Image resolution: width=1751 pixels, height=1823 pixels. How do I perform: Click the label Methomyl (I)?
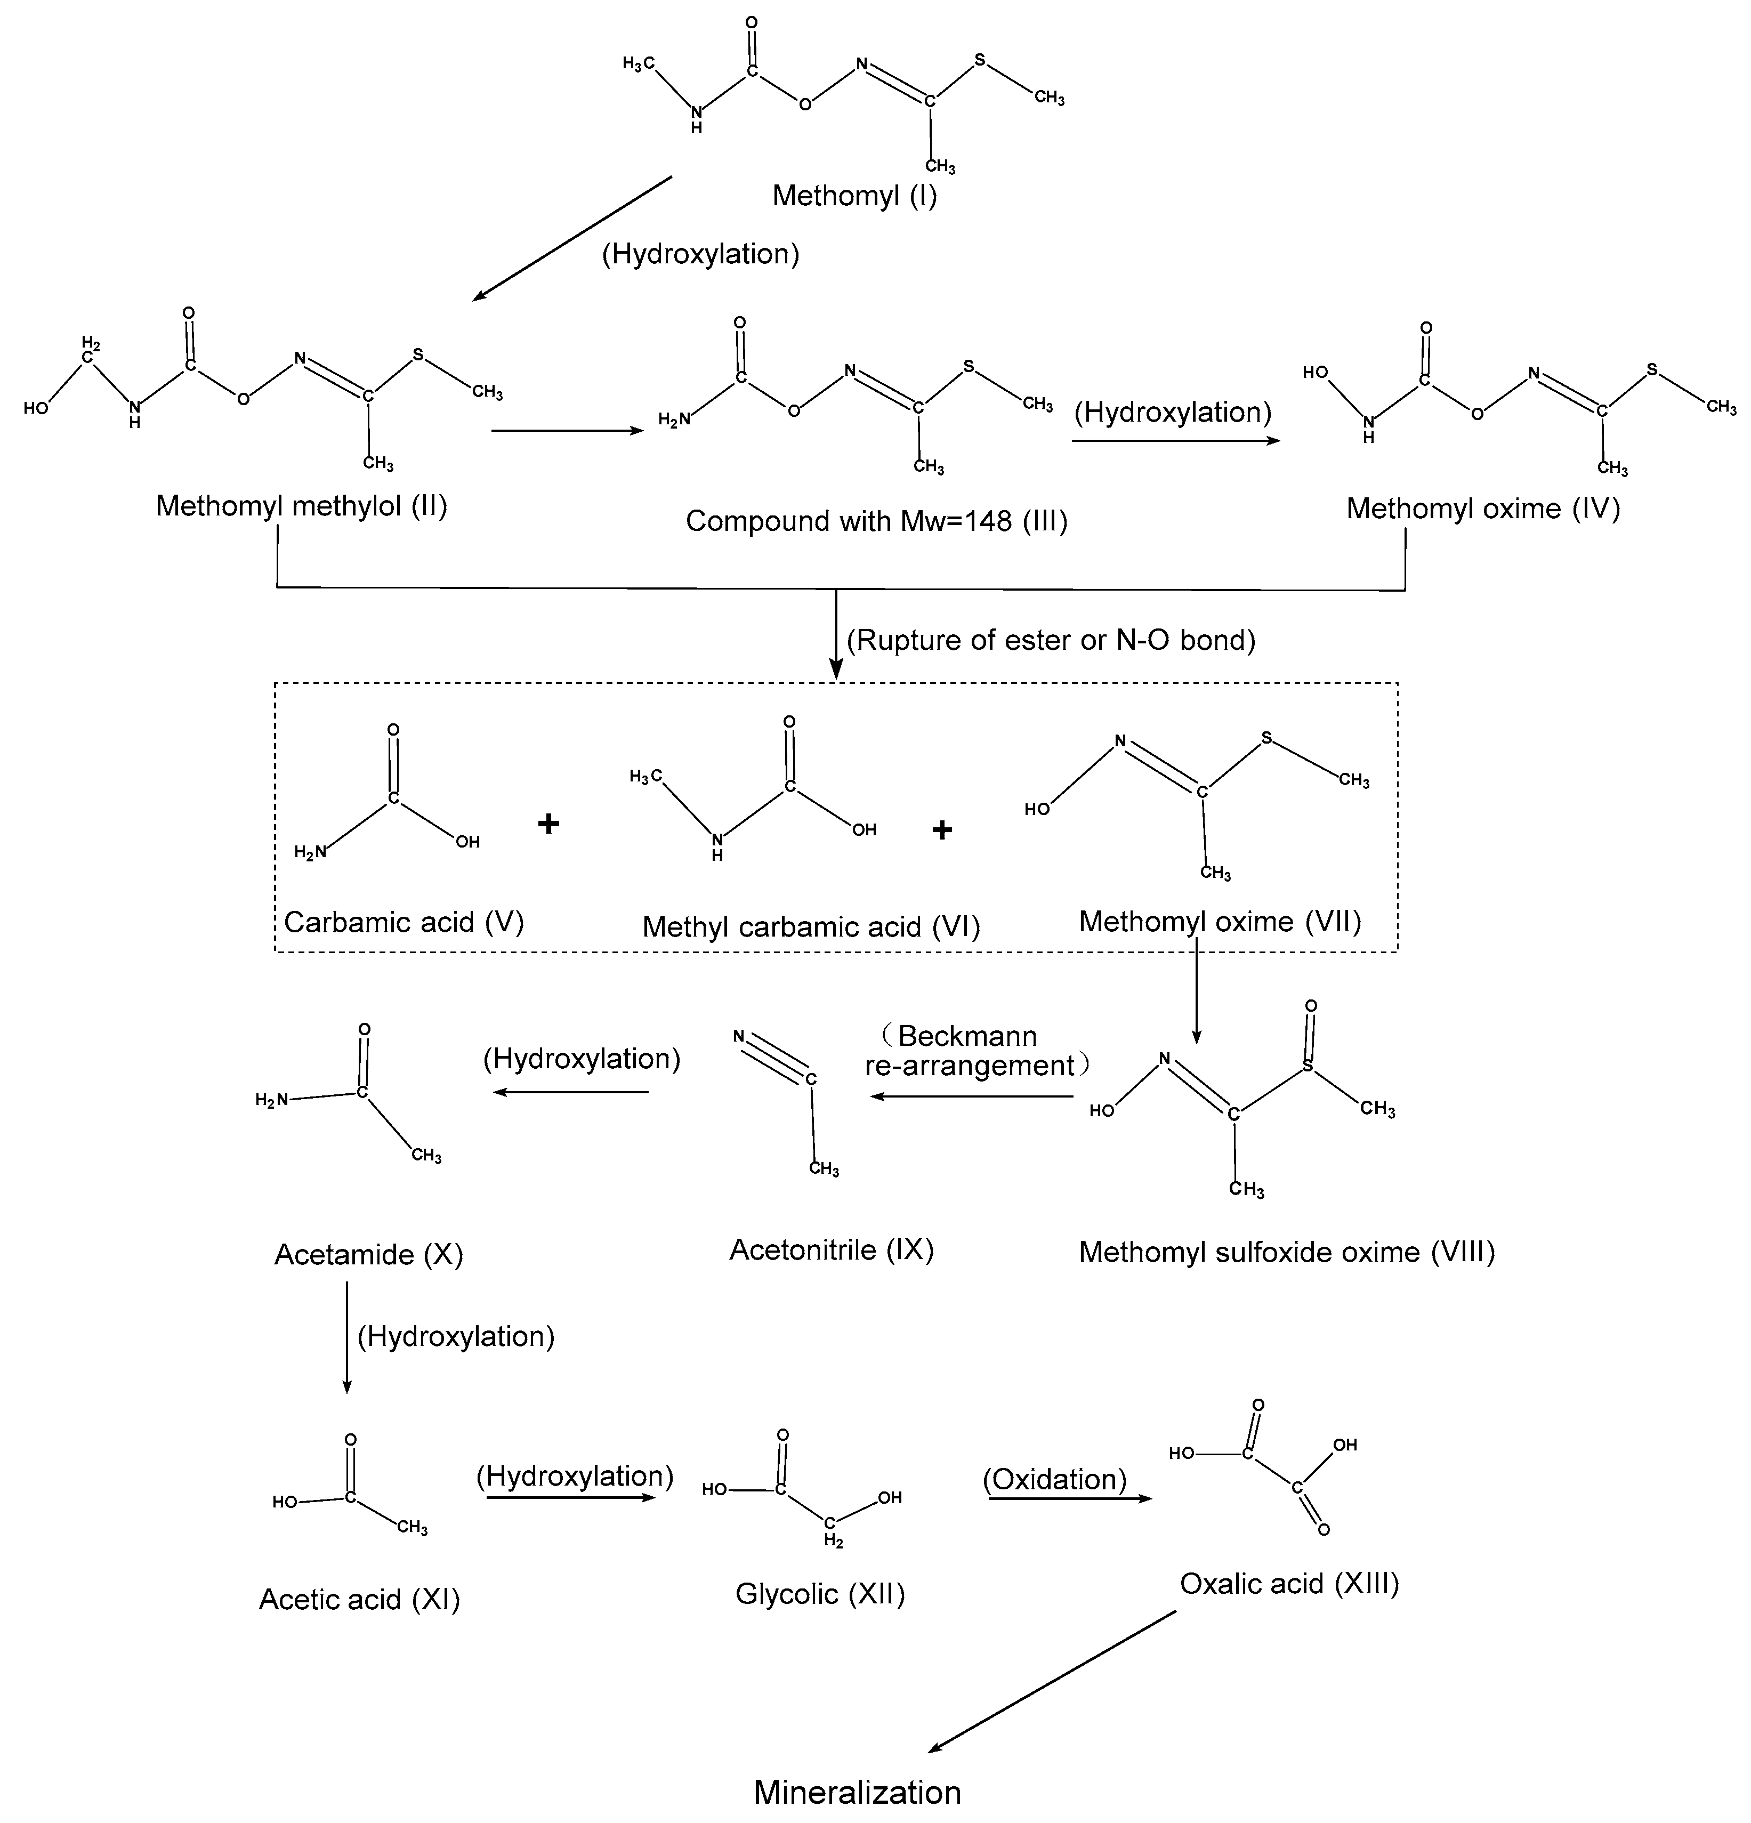click(x=854, y=195)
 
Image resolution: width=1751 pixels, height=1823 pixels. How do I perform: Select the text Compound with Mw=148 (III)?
click(x=876, y=521)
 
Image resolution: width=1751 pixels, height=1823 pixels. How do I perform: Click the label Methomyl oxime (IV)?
click(x=1483, y=509)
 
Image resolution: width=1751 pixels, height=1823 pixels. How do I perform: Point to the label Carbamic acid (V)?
click(x=404, y=922)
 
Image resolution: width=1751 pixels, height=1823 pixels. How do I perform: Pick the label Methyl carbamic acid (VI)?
click(x=811, y=926)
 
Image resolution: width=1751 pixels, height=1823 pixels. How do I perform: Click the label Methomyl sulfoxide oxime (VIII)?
click(x=1286, y=1252)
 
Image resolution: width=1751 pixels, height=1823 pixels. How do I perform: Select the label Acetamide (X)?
click(x=368, y=1255)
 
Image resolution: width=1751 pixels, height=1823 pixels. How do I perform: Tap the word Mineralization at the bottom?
click(x=857, y=1792)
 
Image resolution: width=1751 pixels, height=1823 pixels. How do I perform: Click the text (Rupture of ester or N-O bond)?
click(x=1051, y=640)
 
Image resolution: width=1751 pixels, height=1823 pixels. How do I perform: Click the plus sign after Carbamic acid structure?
click(x=548, y=823)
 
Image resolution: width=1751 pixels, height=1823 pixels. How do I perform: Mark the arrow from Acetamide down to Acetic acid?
click(x=347, y=1336)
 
